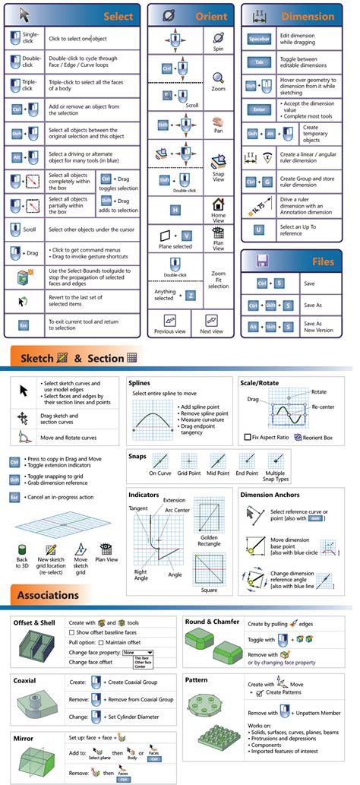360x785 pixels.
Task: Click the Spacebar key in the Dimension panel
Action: [x=259, y=39]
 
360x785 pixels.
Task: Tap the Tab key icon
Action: [x=259, y=62]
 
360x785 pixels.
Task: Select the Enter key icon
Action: [x=259, y=109]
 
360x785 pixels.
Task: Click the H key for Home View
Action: [x=175, y=209]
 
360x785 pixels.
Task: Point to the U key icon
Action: [x=259, y=229]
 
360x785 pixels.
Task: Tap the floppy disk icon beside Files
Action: [x=261, y=262]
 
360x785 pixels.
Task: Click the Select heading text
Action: [x=118, y=16]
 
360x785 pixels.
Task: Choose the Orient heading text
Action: [x=210, y=16]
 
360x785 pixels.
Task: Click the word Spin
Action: [x=218, y=49]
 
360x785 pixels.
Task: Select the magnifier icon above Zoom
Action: [x=218, y=78]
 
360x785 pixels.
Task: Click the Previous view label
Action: [x=171, y=331]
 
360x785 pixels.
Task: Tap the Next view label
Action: [x=212, y=331]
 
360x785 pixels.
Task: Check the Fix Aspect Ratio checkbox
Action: [x=248, y=437]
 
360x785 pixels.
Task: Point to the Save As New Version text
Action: [x=317, y=326]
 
